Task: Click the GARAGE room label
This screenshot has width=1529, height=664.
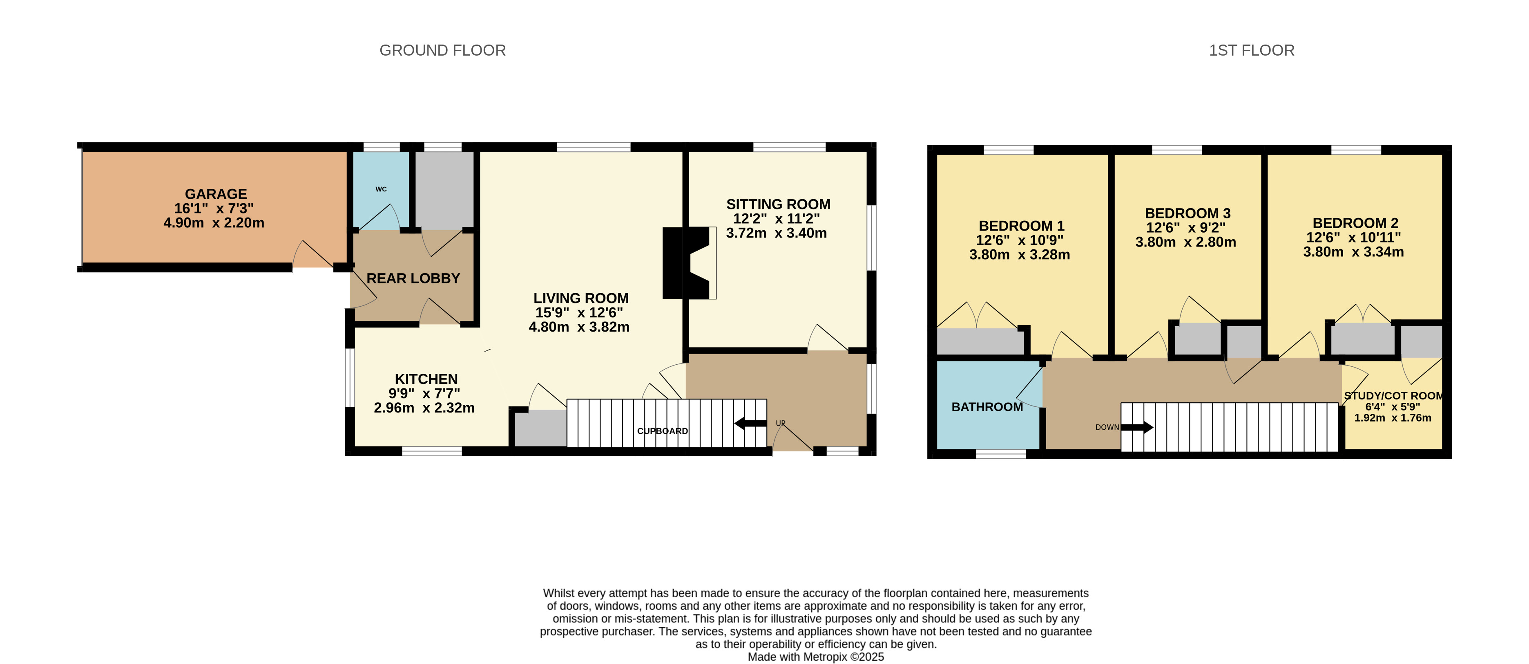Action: pyautogui.click(x=216, y=194)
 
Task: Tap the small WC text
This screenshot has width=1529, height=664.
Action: pyautogui.click(x=381, y=189)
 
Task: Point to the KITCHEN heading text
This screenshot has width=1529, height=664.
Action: pyautogui.click(x=426, y=379)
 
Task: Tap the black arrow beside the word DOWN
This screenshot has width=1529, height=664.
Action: pyautogui.click(x=1137, y=427)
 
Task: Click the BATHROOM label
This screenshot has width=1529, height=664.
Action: pyautogui.click(x=987, y=407)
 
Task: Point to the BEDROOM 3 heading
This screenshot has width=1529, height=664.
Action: pyautogui.click(x=1188, y=213)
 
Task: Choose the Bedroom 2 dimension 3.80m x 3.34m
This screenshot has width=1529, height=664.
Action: pyautogui.click(x=1353, y=252)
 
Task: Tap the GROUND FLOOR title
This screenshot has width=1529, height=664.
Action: pyautogui.click(x=443, y=50)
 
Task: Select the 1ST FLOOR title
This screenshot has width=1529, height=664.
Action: pyautogui.click(x=1252, y=50)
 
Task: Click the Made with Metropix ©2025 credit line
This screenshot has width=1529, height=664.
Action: pyautogui.click(x=815, y=657)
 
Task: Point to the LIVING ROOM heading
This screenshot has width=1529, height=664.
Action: pyautogui.click(x=581, y=298)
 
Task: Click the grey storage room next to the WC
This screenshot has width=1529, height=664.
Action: pyautogui.click(x=444, y=190)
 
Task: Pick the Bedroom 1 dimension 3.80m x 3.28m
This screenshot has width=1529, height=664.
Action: pyautogui.click(x=1020, y=255)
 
